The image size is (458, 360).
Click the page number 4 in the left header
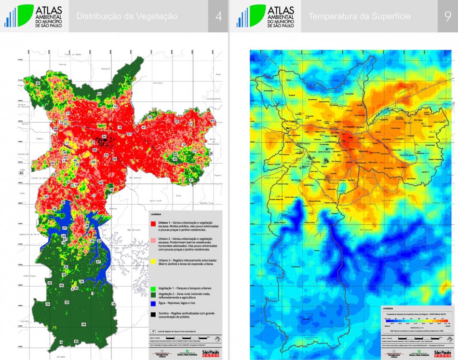click(218, 16)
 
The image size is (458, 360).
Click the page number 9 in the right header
click(447, 16)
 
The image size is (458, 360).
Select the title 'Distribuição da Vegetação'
click(127, 16)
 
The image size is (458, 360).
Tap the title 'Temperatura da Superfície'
click(360, 16)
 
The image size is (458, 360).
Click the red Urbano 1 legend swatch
click(153, 224)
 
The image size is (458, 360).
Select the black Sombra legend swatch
click(153, 314)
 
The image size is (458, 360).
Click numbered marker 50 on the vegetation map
click(38, 83)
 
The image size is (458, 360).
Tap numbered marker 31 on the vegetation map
click(99, 93)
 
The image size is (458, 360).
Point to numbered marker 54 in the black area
click(104, 137)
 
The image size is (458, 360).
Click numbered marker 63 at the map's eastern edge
click(213, 121)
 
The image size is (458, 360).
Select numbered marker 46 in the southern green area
click(83, 324)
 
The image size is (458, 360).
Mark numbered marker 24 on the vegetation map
click(47, 305)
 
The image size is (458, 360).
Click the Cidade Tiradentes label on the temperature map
click(432, 159)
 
